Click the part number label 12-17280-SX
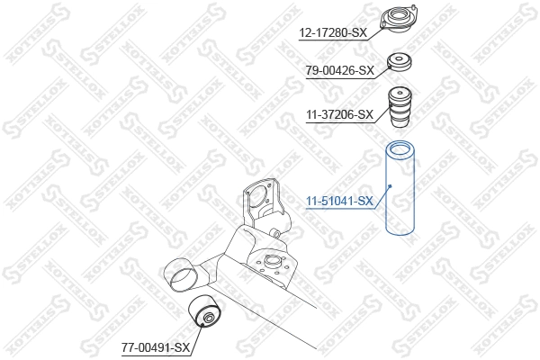tap(333, 33)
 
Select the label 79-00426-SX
tap(340, 70)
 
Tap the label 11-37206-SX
tap(340, 114)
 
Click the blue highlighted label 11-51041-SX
tap(340, 201)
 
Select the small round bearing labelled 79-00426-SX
tap(400, 64)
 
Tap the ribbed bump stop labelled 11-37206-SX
tap(400, 107)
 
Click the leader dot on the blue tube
tap(389, 186)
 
